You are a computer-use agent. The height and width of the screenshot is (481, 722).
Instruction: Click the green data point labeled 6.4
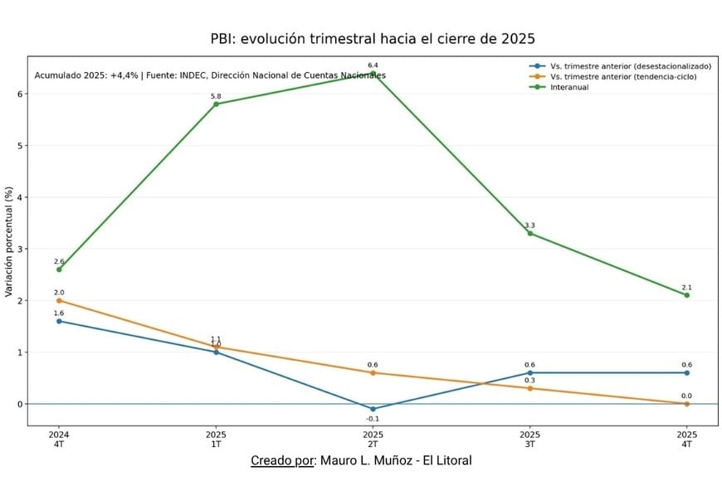pos(373,73)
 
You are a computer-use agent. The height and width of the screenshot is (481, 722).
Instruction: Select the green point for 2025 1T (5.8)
pos(216,104)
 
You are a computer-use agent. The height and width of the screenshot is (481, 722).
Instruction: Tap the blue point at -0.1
pos(373,409)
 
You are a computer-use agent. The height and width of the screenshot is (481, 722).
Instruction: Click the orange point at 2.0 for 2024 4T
pos(59,300)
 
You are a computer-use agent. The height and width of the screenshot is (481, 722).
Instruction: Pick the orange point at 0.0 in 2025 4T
pos(687,404)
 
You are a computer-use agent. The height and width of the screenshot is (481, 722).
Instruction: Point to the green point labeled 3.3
pos(529,233)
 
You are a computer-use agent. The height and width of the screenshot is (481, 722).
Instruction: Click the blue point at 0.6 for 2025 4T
pos(687,372)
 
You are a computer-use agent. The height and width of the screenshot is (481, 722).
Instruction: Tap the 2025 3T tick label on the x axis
pos(529,439)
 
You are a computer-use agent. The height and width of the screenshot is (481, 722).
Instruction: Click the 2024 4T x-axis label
pos(59,439)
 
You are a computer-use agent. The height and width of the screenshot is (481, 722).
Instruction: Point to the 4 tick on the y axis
pos(20,197)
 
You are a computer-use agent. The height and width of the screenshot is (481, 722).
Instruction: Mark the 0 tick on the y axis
pos(20,404)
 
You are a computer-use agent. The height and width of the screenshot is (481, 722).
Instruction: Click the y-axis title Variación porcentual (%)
pos(9,242)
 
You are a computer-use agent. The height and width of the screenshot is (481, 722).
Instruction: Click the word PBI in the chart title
pos(223,39)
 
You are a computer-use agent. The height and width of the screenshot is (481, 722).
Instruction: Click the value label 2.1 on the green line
pos(687,287)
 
